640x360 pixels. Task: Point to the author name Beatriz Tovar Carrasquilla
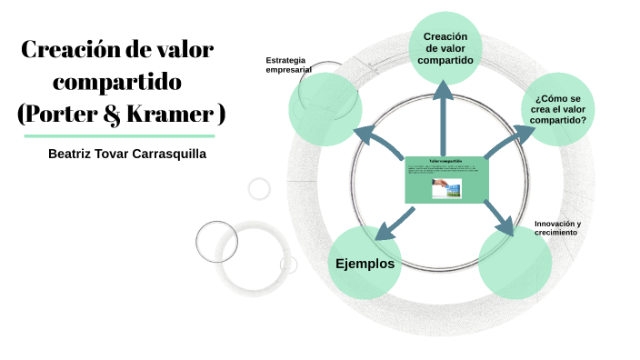[127, 154]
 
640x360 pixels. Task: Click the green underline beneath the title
[119, 135]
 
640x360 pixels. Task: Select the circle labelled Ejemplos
[365, 264]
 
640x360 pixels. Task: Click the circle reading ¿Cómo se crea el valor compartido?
[560, 109]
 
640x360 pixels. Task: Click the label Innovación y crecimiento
[557, 227]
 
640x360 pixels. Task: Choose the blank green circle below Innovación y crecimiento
[515, 263]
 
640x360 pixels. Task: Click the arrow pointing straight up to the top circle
[445, 114]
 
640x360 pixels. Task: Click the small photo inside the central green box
[446, 188]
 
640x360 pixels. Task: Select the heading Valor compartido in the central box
[445, 161]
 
